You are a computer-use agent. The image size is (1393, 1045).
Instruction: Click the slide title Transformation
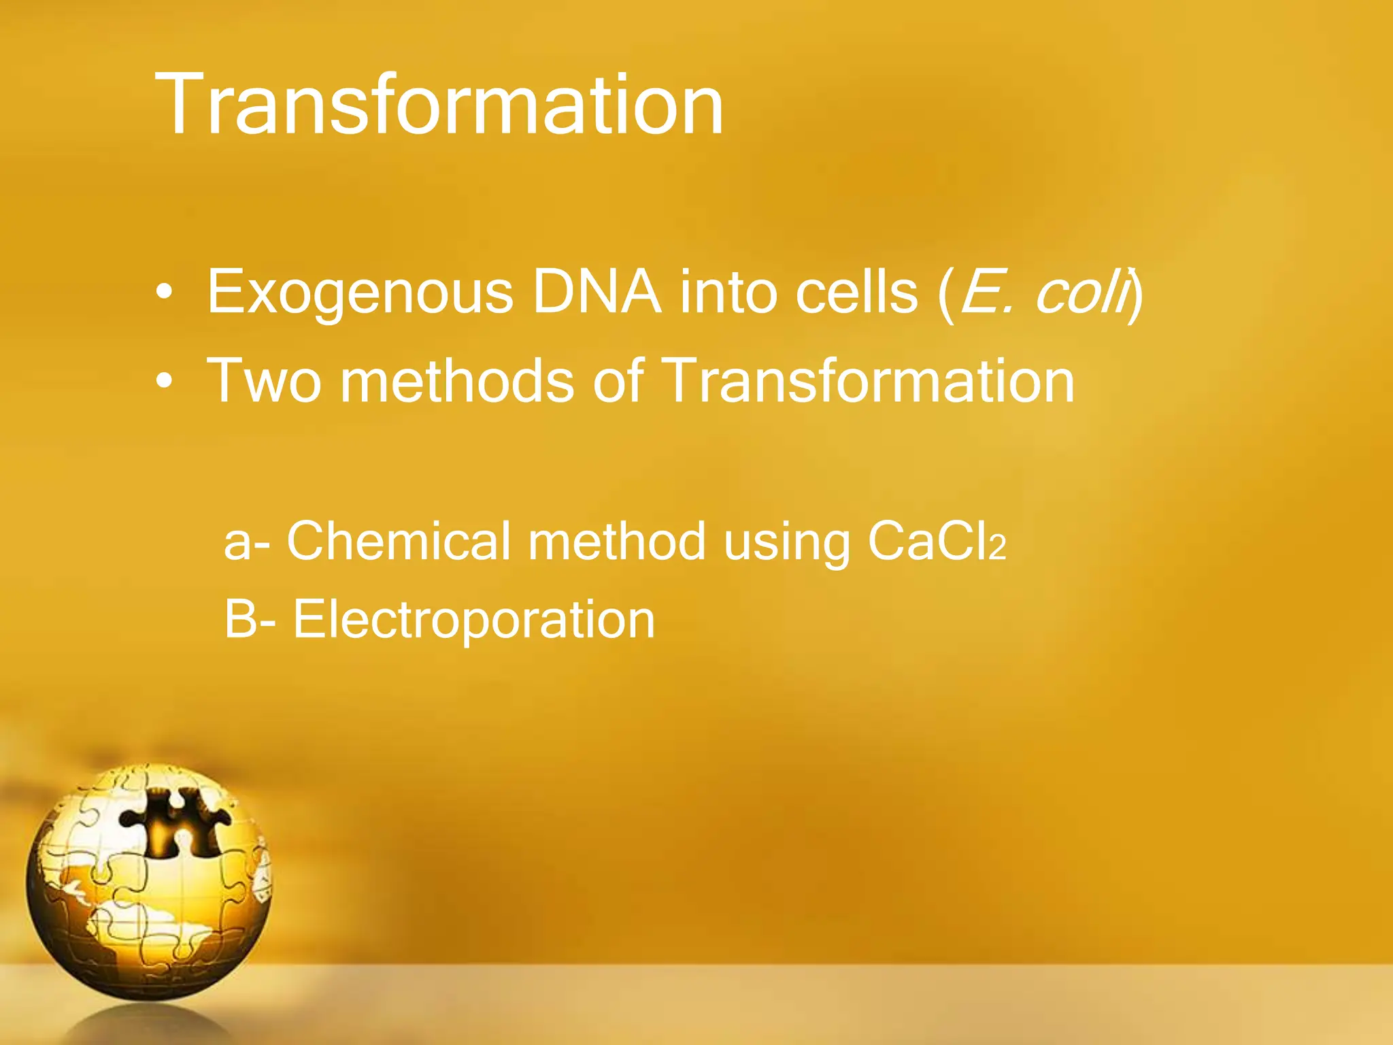[439, 105]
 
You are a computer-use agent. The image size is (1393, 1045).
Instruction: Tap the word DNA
[597, 292]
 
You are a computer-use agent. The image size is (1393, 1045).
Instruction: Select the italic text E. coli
[1045, 292]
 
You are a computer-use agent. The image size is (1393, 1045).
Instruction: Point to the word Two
[264, 381]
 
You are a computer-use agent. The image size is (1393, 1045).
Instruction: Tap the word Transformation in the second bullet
[867, 381]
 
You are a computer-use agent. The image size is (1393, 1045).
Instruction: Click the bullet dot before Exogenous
[164, 293]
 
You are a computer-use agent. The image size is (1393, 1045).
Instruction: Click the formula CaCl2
[935, 542]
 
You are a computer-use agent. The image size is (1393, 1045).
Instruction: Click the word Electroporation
[473, 620]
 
